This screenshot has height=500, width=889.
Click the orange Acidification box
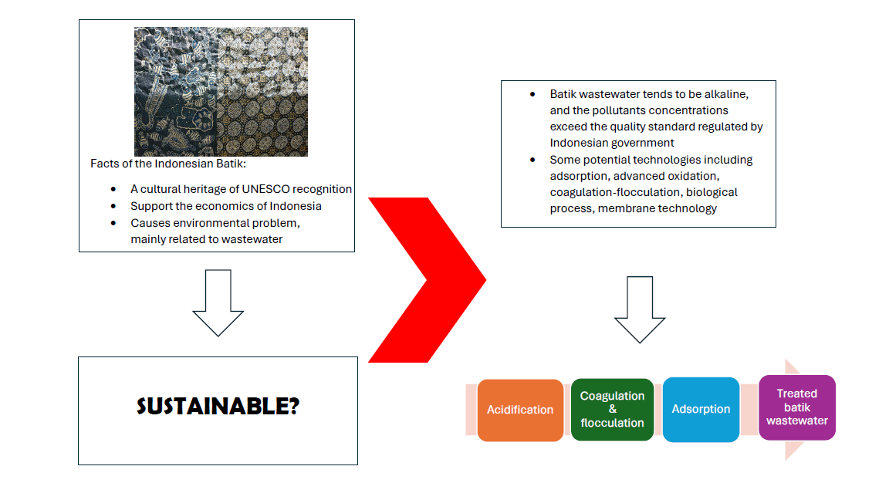520,410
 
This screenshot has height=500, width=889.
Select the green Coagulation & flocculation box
612,410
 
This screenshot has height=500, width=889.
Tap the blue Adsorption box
701,410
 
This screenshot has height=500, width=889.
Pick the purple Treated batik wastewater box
796,407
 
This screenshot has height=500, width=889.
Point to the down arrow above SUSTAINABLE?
218,302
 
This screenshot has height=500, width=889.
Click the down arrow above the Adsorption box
640,309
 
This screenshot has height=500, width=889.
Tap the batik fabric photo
221,92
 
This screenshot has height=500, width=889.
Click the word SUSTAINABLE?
218,407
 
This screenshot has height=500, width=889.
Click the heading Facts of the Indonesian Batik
167,164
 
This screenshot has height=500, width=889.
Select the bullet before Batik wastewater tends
532,94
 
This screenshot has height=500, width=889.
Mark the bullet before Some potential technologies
532,160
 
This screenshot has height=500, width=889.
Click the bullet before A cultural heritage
113,189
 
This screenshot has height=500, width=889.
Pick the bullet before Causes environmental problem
113,223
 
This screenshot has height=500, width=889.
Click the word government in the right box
641,143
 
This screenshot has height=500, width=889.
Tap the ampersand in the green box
612,410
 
